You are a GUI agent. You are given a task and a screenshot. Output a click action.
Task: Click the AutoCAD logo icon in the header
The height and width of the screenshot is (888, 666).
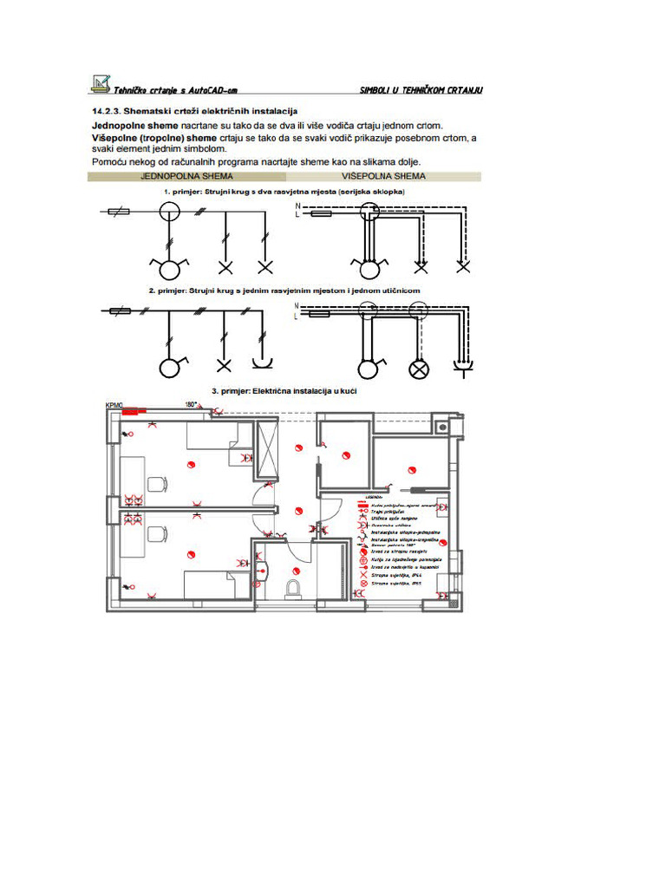(x=101, y=83)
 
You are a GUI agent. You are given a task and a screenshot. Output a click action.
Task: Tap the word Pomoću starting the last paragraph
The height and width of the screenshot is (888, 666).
(x=110, y=162)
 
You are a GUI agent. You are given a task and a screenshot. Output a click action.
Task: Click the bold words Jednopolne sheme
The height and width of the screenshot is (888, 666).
(x=129, y=125)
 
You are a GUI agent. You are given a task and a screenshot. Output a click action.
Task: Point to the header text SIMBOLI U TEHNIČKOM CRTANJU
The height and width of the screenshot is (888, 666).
(x=421, y=90)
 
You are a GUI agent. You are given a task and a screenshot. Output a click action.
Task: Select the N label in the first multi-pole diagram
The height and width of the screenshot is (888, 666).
(x=297, y=206)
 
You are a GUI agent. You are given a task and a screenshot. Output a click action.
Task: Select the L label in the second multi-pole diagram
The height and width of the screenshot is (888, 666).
(x=297, y=317)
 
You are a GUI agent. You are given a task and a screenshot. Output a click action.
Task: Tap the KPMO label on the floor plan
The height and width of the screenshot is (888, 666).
(x=114, y=406)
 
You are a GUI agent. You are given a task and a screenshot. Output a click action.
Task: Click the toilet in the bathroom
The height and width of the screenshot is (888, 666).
(x=295, y=588)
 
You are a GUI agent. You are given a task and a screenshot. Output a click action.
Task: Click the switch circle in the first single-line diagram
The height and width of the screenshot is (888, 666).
(x=169, y=211)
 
